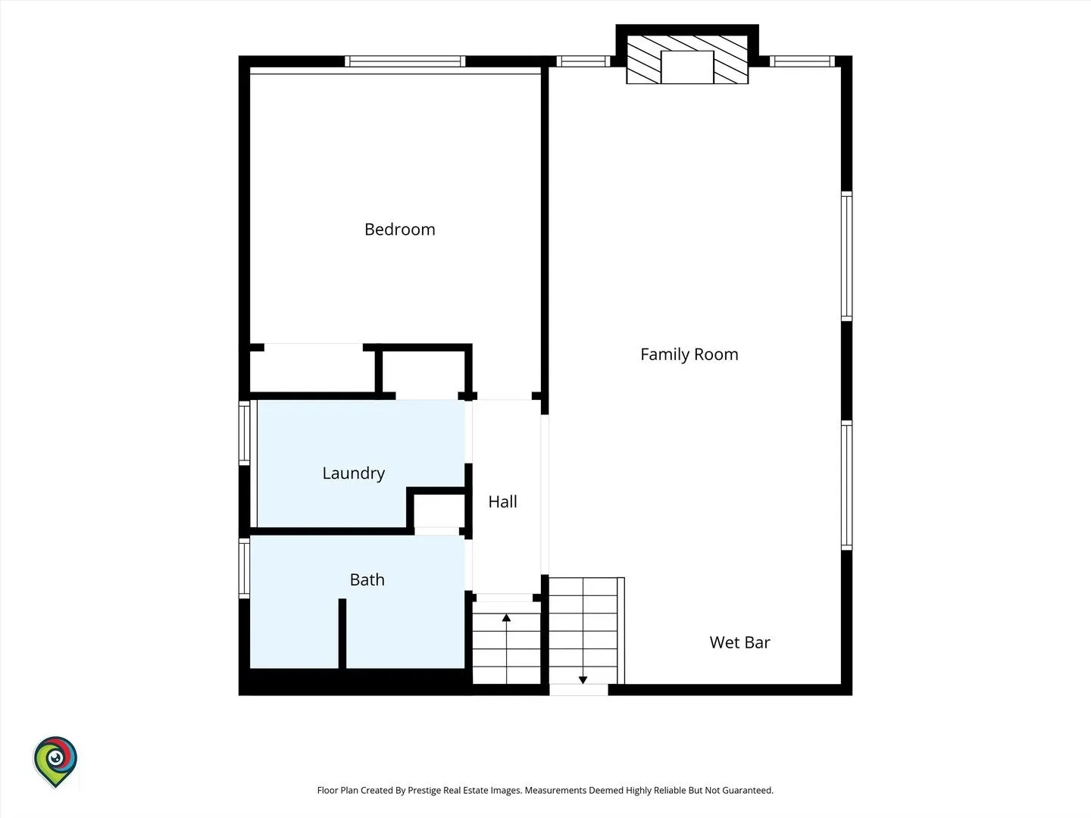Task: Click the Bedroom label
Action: point(399,229)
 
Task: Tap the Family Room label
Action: point(689,354)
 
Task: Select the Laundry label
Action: point(353,473)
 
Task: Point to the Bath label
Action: point(367,579)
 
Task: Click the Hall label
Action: point(502,501)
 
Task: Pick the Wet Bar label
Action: point(739,643)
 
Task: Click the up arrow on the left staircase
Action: point(507,648)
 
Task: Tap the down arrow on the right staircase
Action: point(583,631)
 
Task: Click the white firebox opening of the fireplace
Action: point(687,67)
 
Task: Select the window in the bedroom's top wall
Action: point(405,61)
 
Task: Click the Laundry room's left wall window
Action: point(244,433)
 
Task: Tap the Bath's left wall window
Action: point(244,569)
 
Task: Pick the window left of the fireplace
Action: point(583,61)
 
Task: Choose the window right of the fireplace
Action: point(802,61)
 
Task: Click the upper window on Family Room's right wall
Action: point(846,256)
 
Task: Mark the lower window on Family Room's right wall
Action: point(846,485)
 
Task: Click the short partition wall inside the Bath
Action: point(342,633)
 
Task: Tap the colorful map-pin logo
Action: point(55,761)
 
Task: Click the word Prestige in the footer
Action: point(424,790)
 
